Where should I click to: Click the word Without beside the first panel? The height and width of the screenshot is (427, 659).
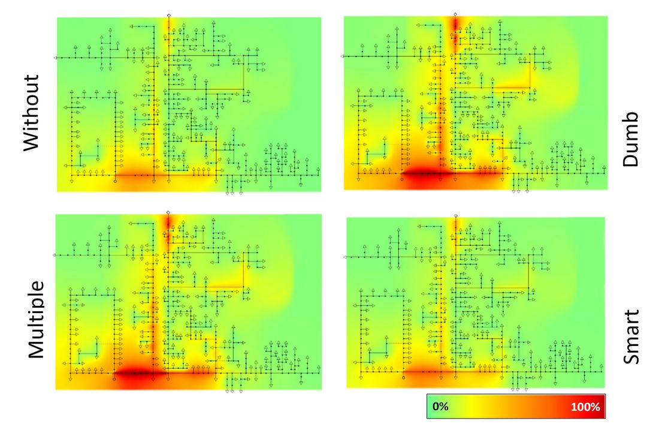(x=31, y=113)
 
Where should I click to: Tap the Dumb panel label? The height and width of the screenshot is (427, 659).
(x=630, y=139)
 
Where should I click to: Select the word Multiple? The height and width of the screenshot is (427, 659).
(x=36, y=320)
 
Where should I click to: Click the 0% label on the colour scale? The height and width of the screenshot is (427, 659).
(x=440, y=407)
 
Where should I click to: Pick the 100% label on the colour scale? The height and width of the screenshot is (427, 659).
(x=585, y=407)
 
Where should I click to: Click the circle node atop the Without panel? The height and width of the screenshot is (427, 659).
(x=168, y=15)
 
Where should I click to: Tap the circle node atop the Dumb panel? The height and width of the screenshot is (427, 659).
(x=455, y=14)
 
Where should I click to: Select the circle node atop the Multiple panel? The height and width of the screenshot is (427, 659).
(x=168, y=212)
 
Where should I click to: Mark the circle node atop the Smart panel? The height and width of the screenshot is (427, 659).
(x=456, y=216)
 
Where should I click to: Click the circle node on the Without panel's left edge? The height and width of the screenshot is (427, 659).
(x=56, y=58)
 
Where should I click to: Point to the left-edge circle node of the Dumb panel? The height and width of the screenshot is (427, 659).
(x=343, y=56)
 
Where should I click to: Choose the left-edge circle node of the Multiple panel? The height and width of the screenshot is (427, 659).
(x=54, y=255)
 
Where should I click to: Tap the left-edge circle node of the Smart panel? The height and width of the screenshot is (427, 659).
(x=345, y=257)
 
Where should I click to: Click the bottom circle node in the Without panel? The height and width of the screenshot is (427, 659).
(x=116, y=181)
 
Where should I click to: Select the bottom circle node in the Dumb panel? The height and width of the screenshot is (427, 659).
(x=402, y=179)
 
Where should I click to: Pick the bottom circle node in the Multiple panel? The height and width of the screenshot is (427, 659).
(x=115, y=379)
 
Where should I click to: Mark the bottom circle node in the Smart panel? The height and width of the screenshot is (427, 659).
(x=404, y=378)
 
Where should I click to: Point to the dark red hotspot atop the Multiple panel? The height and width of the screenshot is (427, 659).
(x=168, y=222)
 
